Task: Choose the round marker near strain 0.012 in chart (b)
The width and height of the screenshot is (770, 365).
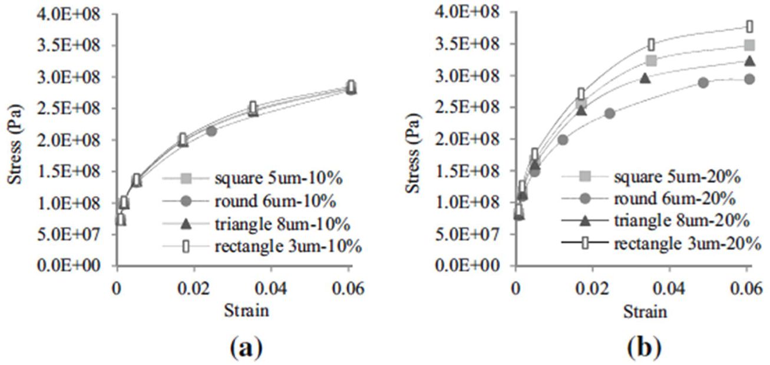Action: click(563, 140)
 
